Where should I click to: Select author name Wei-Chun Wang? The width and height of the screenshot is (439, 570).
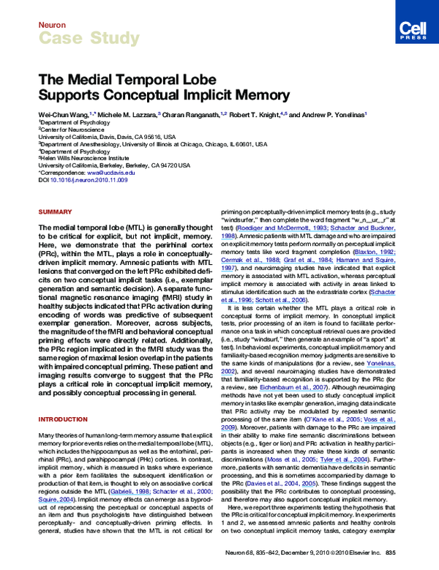point(60,116)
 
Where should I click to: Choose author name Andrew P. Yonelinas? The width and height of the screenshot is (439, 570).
point(332,116)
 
